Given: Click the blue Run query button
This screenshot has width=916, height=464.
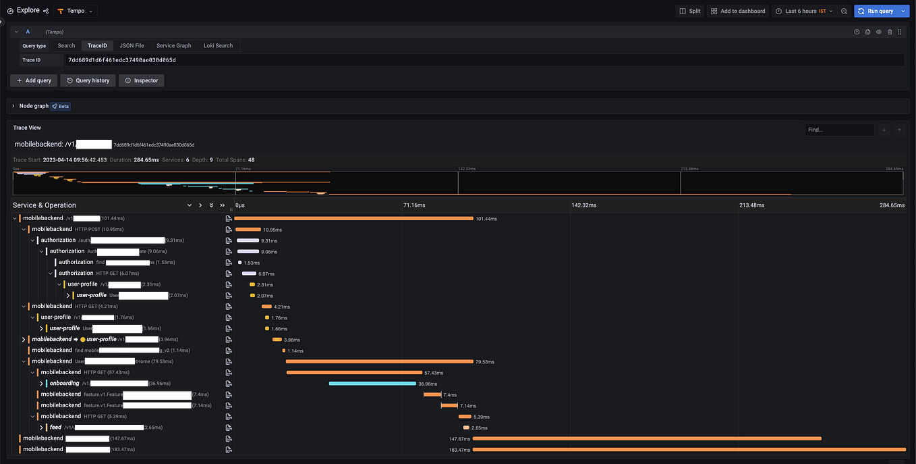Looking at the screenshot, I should click(876, 11).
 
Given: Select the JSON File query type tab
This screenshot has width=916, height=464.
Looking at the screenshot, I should click(132, 46).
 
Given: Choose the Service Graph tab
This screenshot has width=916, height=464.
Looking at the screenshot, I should click(173, 46).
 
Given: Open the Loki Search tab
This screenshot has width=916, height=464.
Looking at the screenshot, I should click(218, 46).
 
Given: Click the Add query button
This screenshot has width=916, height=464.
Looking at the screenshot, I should click(34, 80).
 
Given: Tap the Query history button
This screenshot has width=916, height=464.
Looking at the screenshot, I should click(88, 80).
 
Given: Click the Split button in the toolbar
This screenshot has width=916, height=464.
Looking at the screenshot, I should click(690, 11).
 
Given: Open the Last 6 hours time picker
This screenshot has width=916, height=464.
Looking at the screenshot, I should click(804, 11).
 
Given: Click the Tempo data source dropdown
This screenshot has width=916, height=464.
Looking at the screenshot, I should click(76, 11).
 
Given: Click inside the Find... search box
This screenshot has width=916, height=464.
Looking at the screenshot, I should click(839, 130).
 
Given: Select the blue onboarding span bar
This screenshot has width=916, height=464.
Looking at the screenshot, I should click(372, 384).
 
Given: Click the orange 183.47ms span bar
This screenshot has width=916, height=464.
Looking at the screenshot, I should click(688, 449).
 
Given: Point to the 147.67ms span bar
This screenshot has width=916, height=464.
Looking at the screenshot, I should click(646, 438).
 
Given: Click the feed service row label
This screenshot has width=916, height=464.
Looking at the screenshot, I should click(55, 428).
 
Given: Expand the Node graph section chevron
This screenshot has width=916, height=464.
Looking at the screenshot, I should click(13, 106).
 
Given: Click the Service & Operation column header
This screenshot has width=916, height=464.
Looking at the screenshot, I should click(45, 205).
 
